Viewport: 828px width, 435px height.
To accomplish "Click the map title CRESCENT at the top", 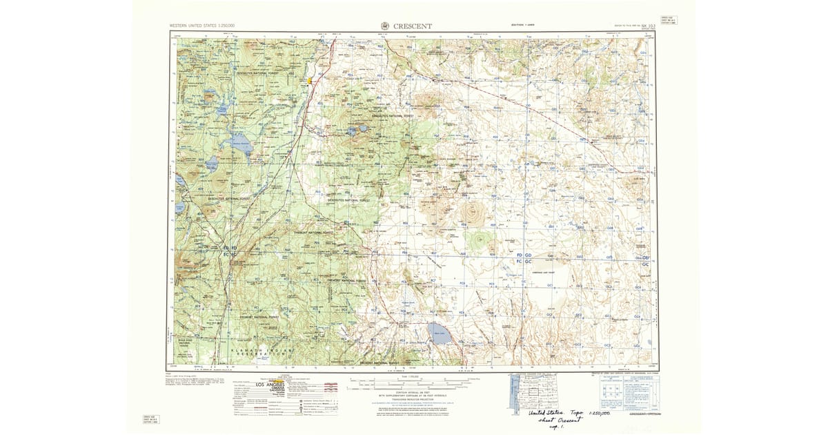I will pyautogui.click(x=413, y=26).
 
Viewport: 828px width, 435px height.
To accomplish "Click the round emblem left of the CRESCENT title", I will pyautogui.click(x=385, y=26).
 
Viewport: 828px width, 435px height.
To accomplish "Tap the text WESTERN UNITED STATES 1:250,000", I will pyautogui.click(x=202, y=26).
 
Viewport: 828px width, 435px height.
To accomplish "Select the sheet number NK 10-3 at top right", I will pyautogui.click(x=647, y=26).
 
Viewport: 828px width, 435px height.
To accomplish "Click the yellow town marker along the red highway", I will pyautogui.click(x=310, y=81).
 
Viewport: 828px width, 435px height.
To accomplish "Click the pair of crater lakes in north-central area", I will pyautogui.click(x=358, y=128).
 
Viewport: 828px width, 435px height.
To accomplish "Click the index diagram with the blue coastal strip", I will pyautogui.click(x=516, y=394).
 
